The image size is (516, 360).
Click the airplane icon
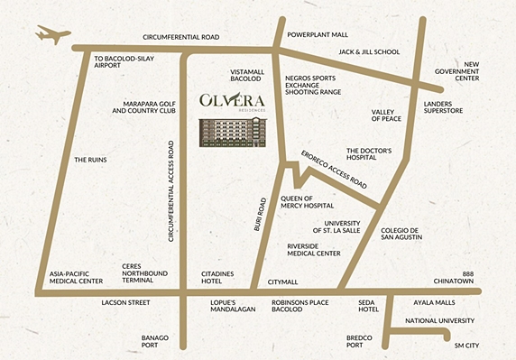coord(52,35)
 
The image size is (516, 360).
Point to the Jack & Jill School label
coord(370,52)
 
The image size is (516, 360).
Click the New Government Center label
coord(484,71)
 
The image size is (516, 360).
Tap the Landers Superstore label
coord(444,108)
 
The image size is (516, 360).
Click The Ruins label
coord(90,160)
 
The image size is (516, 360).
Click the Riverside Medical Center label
coord(313,249)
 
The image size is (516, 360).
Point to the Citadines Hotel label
coord(222,275)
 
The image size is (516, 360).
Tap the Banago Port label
coord(154,341)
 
